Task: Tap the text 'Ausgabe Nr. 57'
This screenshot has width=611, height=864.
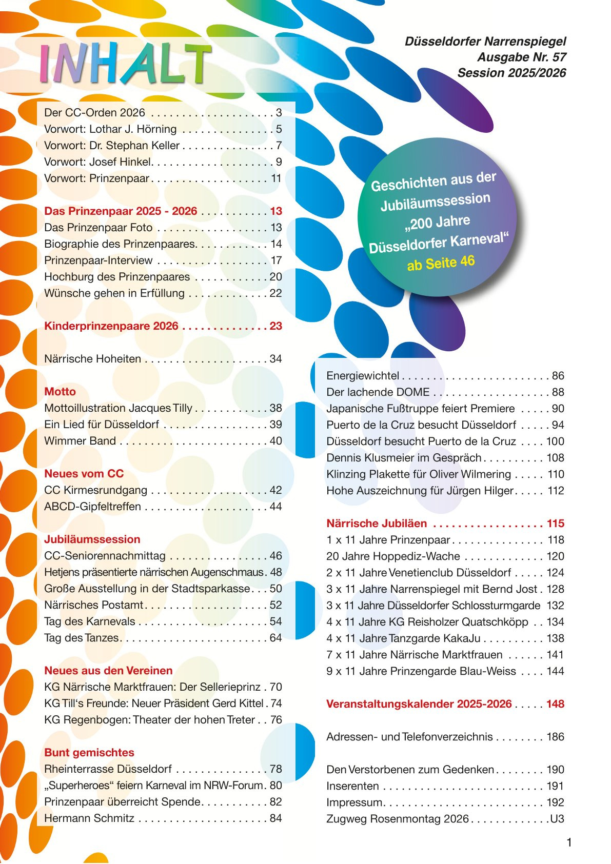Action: pyautogui.click(x=521, y=57)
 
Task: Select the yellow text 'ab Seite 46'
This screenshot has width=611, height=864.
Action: pyautogui.click(x=441, y=263)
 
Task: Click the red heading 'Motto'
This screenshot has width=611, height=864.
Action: pyautogui.click(x=60, y=392)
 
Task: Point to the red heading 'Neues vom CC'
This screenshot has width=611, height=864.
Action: pyautogui.click(x=84, y=474)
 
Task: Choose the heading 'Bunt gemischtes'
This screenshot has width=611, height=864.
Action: pyautogui.click(x=89, y=753)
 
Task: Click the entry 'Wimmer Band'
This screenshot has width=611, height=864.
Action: pyautogui.click(x=80, y=441)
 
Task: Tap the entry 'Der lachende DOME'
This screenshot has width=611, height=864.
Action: pyautogui.click(x=378, y=392)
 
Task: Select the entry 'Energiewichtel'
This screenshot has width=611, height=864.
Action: pyautogui.click(x=363, y=376)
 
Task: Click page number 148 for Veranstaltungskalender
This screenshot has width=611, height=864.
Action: pyautogui.click(x=555, y=704)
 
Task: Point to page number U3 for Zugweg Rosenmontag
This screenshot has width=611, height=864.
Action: pyautogui.click(x=557, y=819)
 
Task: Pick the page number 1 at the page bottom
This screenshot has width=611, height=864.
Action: pyautogui.click(x=568, y=842)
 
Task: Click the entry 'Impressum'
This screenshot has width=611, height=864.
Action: pyautogui.click(x=354, y=802)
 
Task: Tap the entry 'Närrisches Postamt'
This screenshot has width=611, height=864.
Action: pyautogui.click(x=94, y=605)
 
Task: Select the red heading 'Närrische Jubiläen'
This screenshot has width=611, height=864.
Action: pyautogui.click(x=377, y=524)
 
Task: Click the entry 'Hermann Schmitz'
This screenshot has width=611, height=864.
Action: pyautogui.click(x=89, y=818)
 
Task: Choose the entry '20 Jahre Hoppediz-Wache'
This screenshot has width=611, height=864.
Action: pyautogui.click(x=393, y=556)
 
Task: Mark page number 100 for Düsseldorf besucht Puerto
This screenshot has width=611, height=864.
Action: pyautogui.click(x=555, y=441)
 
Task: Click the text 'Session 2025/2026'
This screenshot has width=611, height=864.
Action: pyautogui.click(x=511, y=73)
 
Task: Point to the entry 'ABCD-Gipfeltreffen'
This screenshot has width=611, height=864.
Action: pyautogui.click(x=92, y=507)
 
